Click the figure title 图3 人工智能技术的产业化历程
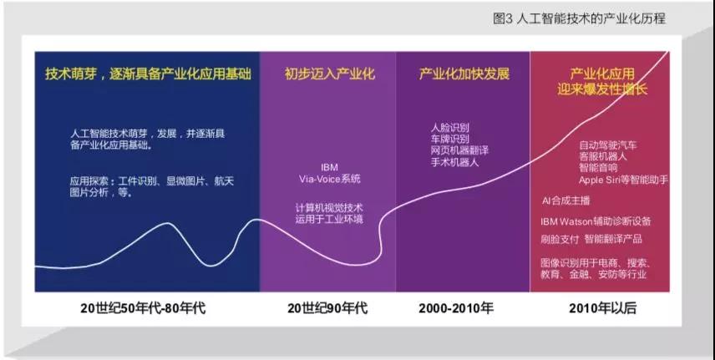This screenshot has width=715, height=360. point(579,18)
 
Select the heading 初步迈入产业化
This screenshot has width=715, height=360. point(330,74)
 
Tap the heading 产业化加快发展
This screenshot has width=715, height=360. point(464,74)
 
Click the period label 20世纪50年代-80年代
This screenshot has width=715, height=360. point(143,308)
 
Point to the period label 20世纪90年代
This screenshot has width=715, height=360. point(327,308)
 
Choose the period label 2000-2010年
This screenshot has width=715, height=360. point(456,308)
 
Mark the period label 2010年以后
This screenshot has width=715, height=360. point(602,308)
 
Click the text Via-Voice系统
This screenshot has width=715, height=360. point(330,179)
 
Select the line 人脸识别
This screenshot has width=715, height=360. point(450,128)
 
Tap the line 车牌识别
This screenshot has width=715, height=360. point(450,139)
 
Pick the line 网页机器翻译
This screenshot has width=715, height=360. point(459,150)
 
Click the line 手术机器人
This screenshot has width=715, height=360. point(455,161)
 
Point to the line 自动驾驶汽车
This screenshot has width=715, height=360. point(608,145)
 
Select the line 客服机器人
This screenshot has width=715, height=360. point(603,156)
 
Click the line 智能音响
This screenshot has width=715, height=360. point(598,168)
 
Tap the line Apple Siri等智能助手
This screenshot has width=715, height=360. point(623,180)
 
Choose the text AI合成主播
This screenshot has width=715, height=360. point(565,200)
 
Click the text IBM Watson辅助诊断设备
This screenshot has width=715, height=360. point(596,221)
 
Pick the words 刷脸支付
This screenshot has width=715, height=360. point(560,239)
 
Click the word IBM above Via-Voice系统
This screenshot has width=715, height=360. point(329,168)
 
